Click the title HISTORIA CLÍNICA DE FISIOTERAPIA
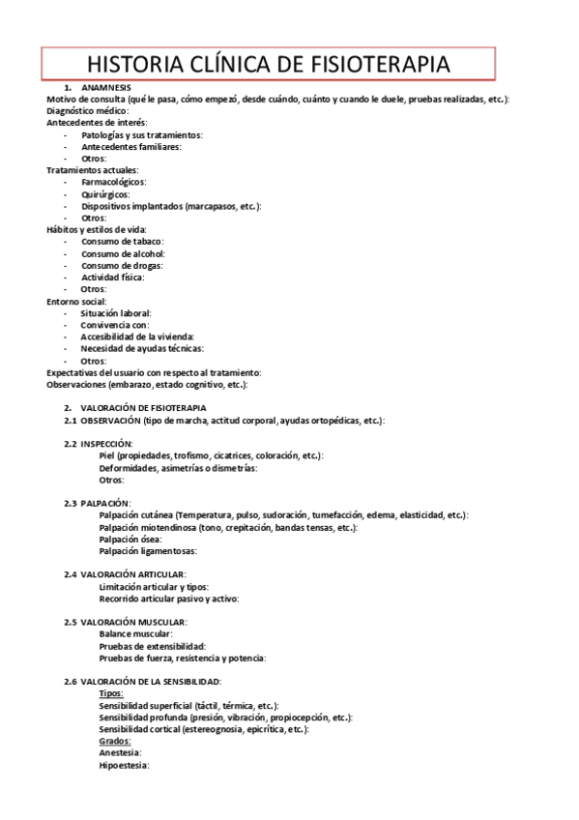click(268, 64)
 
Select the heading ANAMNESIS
click(106, 88)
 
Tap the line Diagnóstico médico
click(87, 111)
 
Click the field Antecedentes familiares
click(130, 147)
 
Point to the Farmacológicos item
click(114, 182)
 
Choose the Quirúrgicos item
click(105, 194)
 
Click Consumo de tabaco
click(123, 242)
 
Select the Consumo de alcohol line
click(123, 253)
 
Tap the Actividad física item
click(112, 278)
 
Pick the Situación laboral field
click(116, 313)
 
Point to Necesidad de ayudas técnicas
click(142, 348)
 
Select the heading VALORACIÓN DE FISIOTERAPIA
click(143, 408)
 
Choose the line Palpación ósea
click(130, 539)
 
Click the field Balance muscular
click(135, 633)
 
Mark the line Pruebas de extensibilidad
click(152, 646)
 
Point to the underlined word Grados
click(115, 741)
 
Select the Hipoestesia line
click(124, 765)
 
